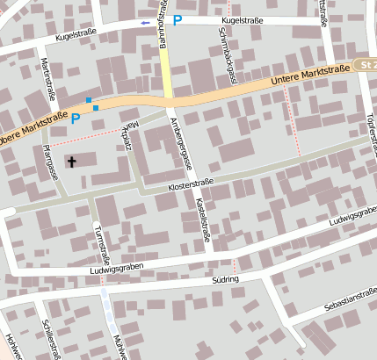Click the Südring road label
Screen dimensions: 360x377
click(225, 279)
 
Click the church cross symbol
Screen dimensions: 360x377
click(71, 161)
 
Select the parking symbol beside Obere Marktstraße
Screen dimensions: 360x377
click(76, 118)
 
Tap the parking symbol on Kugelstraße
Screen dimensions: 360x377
click(178, 19)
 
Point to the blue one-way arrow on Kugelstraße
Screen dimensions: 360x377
click(145, 22)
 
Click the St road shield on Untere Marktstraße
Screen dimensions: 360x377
click(366, 65)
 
